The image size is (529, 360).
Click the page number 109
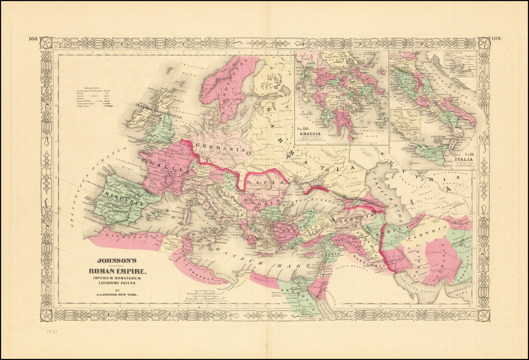click(496, 38)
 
